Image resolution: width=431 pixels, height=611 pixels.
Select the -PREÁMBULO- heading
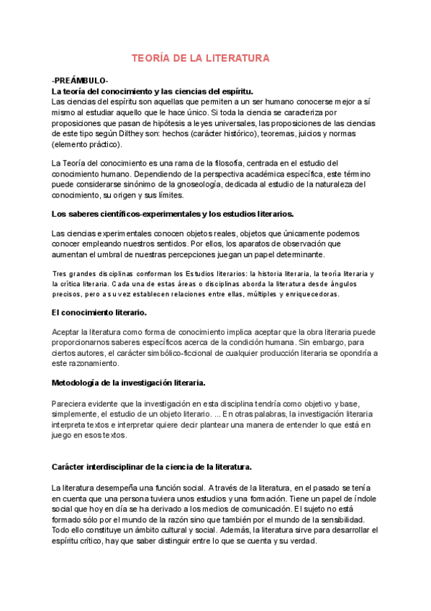[80, 81]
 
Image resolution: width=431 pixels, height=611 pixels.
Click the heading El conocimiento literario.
[99, 312]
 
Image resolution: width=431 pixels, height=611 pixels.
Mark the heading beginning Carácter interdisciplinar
[151, 467]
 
